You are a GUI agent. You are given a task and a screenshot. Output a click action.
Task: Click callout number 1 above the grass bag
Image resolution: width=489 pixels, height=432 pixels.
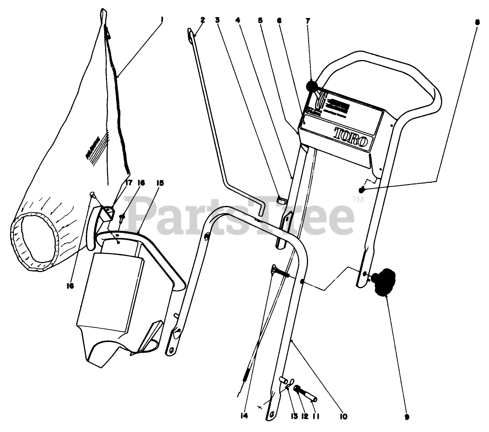[x=162, y=20]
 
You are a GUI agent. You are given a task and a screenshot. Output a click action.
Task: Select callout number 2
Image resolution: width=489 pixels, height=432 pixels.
[x=203, y=20]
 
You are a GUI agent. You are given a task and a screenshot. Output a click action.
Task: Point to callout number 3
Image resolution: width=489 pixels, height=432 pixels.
[x=217, y=20]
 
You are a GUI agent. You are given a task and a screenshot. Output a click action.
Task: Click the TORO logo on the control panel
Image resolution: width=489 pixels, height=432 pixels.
[x=352, y=135]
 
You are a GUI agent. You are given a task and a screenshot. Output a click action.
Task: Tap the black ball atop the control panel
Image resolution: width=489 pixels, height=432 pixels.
[x=312, y=86]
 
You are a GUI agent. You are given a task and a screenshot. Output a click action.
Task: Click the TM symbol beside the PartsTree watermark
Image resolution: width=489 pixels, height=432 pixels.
[x=358, y=200]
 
